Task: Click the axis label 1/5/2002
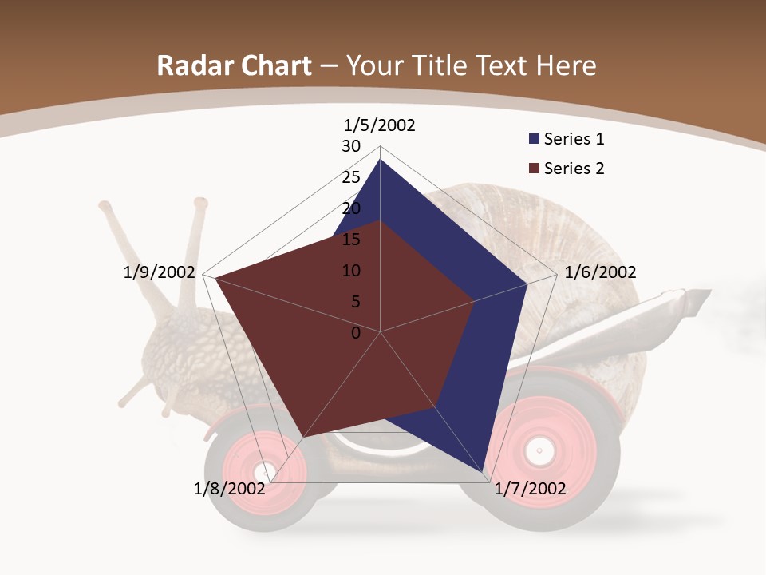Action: point(379,125)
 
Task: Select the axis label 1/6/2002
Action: point(600,272)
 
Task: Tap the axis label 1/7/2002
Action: point(530,489)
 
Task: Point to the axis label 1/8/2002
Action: point(229,489)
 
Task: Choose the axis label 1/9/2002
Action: point(159,272)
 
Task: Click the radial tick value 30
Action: point(351,146)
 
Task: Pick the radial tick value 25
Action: point(351,177)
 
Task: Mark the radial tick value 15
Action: point(351,240)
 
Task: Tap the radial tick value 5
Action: point(356,302)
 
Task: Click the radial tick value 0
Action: point(356,333)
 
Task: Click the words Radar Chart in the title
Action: point(234,66)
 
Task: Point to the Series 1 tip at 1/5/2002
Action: point(380,160)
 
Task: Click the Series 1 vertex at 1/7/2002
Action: point(484,473)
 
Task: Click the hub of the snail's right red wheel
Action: point(539,451)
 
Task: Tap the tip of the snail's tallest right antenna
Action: point(199,204)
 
